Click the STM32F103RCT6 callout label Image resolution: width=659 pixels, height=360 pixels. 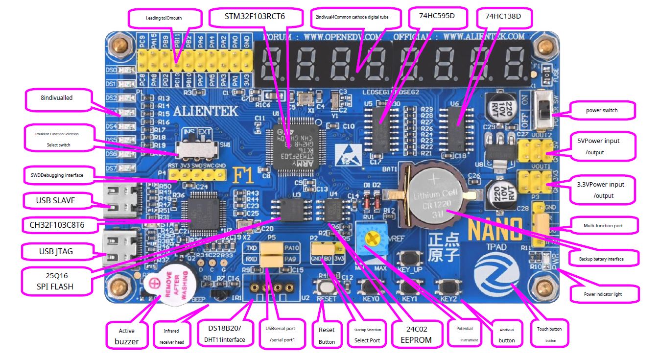255,17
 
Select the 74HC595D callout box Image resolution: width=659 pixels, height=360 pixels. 437,16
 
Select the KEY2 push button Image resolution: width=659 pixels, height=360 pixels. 448,287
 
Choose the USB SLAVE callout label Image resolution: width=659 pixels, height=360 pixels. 55,200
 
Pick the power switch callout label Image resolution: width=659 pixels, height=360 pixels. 602,110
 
